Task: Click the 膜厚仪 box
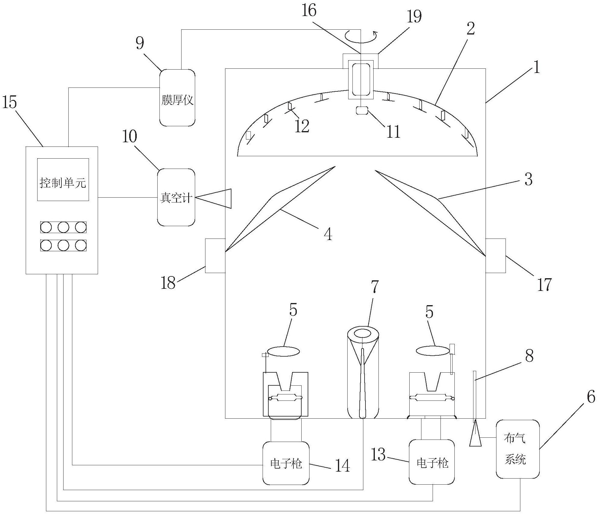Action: (177, 97)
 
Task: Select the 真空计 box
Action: (176, 197)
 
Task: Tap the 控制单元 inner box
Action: (63, 180)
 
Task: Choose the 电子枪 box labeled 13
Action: (432, 462)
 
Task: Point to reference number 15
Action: (10, 102)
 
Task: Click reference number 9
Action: (140, 43)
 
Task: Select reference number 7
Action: (375, 287)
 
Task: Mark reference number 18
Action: (168, 283)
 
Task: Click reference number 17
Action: (544, 285)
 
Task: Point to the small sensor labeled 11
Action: (361, 110)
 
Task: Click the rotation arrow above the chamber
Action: (361, 35)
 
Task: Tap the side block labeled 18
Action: (215, 256)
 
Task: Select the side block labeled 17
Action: (496, 256)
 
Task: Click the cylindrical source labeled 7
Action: (363, 375)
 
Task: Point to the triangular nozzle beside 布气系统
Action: (475, 434)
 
